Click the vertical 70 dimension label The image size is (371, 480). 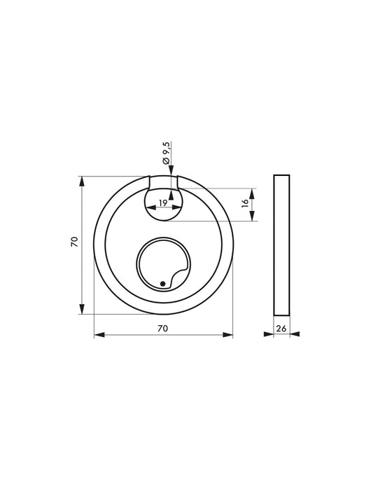click(73, 242)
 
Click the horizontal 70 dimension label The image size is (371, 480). click(162, 327)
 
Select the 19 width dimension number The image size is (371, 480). click(162, 203)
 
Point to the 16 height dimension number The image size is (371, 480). click(245, 204)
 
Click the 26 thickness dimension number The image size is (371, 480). click(281, 327)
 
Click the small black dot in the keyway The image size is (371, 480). click(162, 283)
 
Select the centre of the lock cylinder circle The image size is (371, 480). click(163, 266)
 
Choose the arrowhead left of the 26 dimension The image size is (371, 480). click(269, 335)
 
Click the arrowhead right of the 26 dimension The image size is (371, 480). click(293, 335)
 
